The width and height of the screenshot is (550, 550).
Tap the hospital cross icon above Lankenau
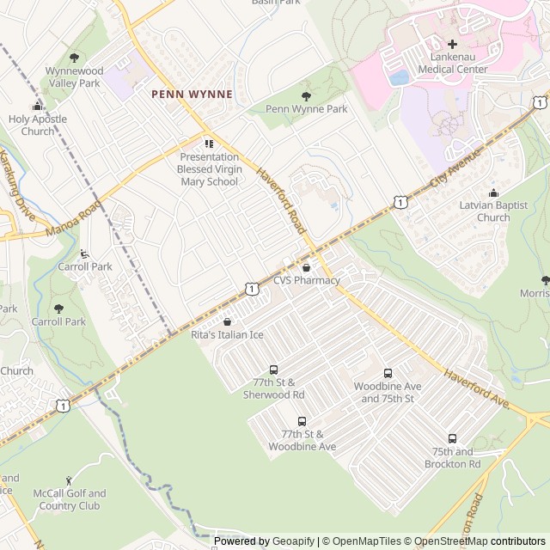click(x=452, y=44)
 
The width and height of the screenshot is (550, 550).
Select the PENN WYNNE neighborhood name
click(x=191, y=94)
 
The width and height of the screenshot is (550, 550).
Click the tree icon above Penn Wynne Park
click(x=306, y=96)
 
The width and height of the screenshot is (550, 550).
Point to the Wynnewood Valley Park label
click(x=74, y=77)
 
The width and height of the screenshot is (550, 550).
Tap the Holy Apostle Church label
click(x=36, y=125)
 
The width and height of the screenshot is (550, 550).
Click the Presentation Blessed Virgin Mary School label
click(x=208, y=169)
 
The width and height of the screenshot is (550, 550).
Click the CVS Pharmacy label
click(x=307, y=280)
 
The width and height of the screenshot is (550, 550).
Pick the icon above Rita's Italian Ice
click(x=227, y=321)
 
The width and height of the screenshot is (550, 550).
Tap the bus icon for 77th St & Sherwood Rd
click(x=273, y=370)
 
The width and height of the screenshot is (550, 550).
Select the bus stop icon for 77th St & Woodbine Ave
click(x=302, y=421)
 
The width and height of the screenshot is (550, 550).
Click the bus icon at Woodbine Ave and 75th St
click(x=388, y=374)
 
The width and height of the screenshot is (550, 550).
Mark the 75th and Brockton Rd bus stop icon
click(x=452, y=438)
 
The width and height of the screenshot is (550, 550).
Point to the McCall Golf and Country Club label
click(x=70, y=499)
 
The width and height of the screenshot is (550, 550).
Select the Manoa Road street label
click(x=76, y=220)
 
